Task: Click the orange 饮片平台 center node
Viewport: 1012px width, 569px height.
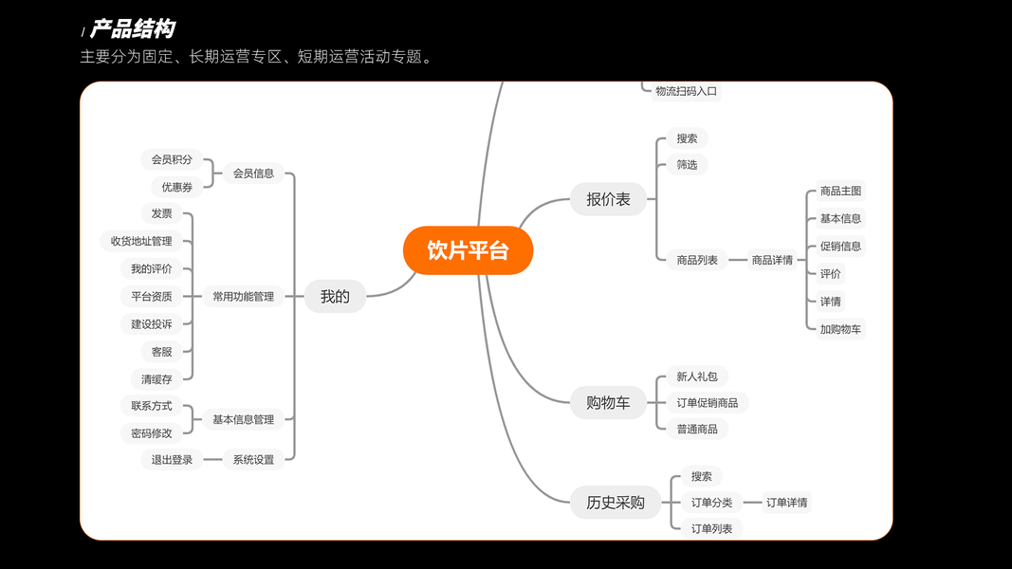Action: point(468,250)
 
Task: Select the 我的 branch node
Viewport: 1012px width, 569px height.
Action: point(335,297)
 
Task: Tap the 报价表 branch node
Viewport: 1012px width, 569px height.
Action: point(608,199)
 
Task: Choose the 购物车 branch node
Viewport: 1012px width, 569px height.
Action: point(608,403)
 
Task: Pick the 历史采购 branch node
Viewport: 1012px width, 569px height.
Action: point(608,503)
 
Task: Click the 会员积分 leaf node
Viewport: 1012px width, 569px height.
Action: point(171,159)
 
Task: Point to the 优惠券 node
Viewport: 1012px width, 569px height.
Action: point(176,187)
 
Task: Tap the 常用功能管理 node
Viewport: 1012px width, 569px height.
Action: point(243,297)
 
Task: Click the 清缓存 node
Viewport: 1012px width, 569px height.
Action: point(156,379)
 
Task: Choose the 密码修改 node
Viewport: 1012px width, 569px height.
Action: point(152,433)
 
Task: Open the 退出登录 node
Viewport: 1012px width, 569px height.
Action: point(172,460)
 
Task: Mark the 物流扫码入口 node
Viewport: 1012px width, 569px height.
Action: point(686,91)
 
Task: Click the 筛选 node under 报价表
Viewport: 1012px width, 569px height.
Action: point(687,165)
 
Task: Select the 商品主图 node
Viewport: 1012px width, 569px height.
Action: point(840,191)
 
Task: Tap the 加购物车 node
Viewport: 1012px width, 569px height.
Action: point(840,329)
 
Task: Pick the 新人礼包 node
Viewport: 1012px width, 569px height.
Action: point(697,376)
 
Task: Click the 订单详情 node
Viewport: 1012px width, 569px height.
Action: point(786,503)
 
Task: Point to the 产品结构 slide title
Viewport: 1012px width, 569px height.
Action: point(132,29)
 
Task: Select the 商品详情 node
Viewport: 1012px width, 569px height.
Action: point(772,260)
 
